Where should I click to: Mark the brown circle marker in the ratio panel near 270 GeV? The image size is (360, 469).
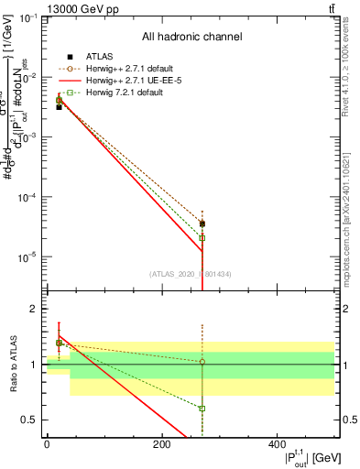pos(202,362)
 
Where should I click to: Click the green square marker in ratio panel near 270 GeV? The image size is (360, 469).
pos(202,409)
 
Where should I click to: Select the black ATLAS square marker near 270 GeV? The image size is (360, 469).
pos(202,224)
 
